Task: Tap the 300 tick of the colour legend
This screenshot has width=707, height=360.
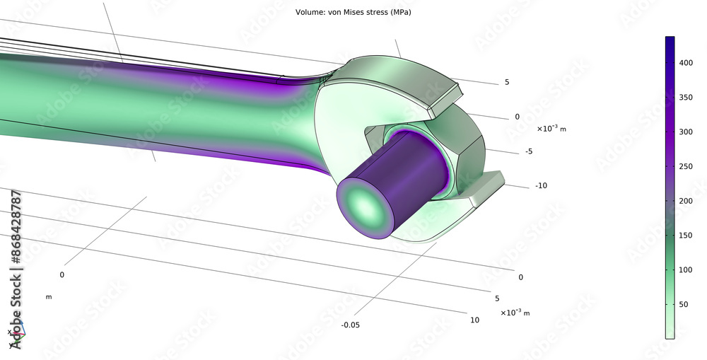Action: click(x=685, y=132)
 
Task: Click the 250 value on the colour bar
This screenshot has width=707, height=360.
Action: click(x=685, y=166)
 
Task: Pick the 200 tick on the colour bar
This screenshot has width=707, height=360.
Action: click(x=685, y=201)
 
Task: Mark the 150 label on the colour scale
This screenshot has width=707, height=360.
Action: click(x=685, y=235)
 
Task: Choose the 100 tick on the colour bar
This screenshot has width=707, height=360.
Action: click(x=685, y=269)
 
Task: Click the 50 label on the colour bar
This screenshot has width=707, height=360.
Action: click(x=683, y=304)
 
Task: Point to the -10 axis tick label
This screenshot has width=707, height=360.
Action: click(x=542, y=185)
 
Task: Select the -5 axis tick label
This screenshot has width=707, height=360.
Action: click(x=528, y=151)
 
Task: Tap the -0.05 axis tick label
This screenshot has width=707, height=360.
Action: click(x=352, y=325)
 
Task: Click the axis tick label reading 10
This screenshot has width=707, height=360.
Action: click(x=474, y=320)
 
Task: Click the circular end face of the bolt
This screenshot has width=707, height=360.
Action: click(x=365, y=207)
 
